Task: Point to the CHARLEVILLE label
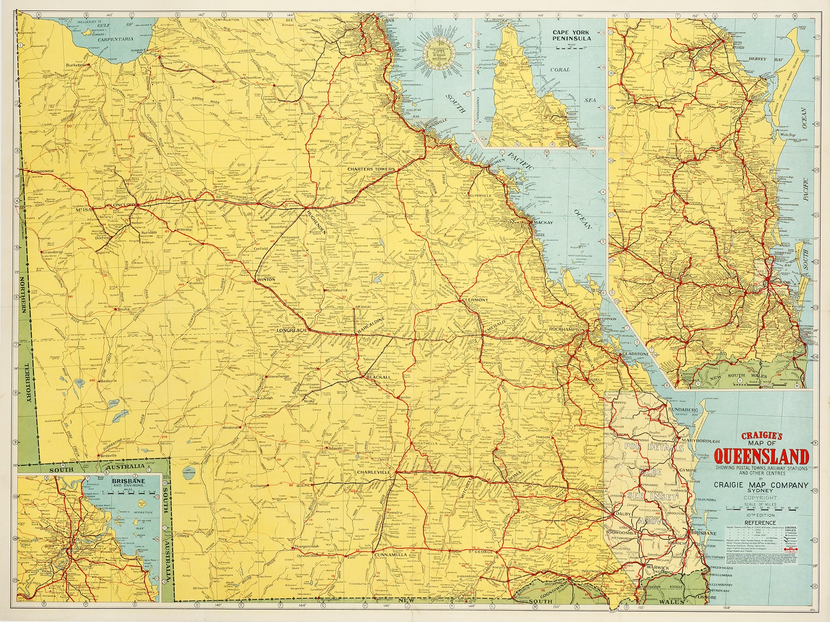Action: pyautogui.click(x=373, y=472)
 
